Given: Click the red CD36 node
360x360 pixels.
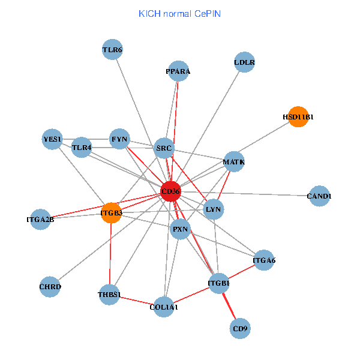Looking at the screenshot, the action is tap(170, 191).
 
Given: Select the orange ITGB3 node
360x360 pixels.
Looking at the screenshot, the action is tap(111, 212).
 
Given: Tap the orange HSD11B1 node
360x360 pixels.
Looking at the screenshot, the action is tap(298, 116).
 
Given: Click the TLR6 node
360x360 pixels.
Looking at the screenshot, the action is tap(112, 50).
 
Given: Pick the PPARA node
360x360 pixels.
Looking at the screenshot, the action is tap(178, 71).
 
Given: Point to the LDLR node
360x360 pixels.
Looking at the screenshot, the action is tap(244, 62).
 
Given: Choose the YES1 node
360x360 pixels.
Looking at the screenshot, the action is tap(53, 139).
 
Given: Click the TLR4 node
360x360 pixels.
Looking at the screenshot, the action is tap(82, 147).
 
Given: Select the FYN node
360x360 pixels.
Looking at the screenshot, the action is tap(119, 139).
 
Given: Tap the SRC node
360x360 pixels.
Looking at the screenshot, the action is tap(164, 148).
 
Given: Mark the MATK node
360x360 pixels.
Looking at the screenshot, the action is tap(233, 162).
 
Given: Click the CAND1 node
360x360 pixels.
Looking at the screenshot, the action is tap(319, 196).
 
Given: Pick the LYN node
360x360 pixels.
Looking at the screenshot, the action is tap(214, 209).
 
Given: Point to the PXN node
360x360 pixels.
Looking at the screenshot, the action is tap(181, 229).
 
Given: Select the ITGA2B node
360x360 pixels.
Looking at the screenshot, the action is tap(40, 220).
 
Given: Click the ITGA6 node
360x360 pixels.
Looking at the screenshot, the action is tap(264, 260).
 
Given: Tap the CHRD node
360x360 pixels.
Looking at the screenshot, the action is tap(50, 287).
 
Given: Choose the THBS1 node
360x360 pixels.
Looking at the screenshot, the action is tap(109, 295).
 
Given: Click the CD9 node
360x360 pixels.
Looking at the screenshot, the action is tap(240, 328).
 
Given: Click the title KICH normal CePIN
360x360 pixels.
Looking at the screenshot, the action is tap(179, 13).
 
